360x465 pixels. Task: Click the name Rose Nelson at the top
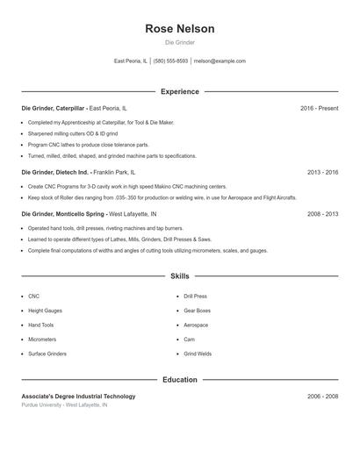point(180,28)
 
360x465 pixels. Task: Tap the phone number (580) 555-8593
point(170,61)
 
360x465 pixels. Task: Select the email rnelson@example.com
point(220,61)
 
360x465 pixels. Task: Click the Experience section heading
point(180,91)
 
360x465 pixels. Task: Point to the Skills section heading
point(180,275)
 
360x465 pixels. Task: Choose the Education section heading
point(180,380)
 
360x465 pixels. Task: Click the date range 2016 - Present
point(319,108)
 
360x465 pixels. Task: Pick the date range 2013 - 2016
point(322,173)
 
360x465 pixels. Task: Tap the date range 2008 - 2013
point(322,214)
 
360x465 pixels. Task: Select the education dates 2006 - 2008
point(322,397)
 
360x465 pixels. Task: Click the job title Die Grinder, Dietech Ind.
point(54,173)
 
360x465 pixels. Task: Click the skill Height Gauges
point(45,311)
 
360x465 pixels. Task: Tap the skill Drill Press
point(195,297)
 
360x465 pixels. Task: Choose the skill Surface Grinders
point(47,354)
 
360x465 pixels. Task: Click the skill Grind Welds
point(198,354)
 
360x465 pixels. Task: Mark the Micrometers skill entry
point(42,340)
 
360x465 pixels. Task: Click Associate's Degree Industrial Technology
point(78,397)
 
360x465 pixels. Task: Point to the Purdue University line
point(64,405)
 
